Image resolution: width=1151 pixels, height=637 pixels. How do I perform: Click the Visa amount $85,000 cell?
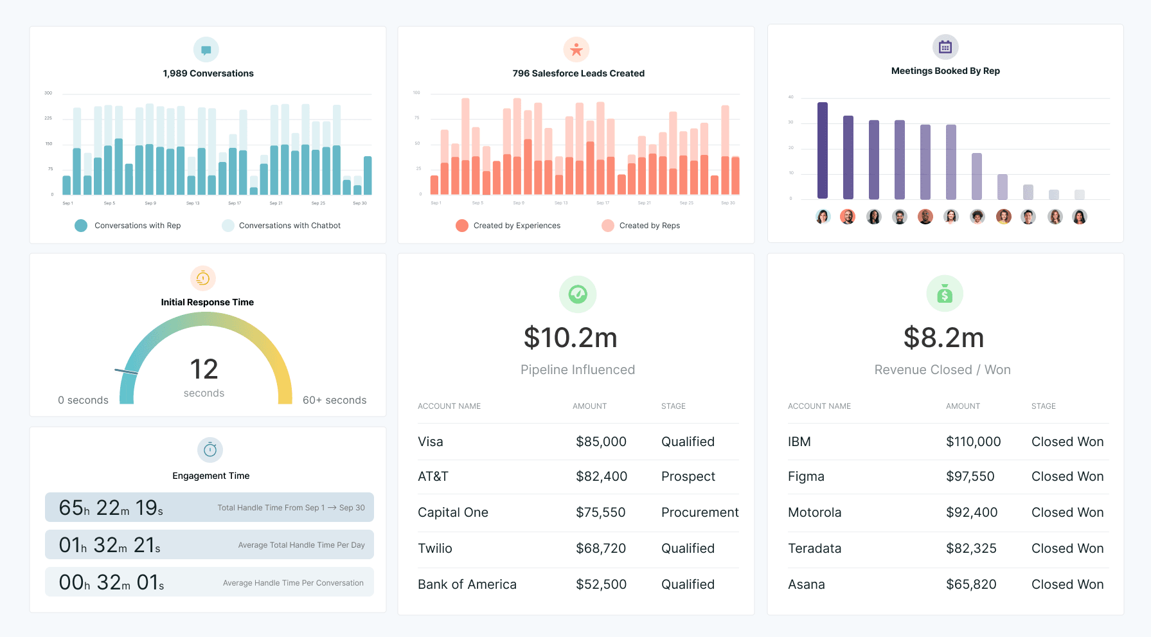(x=601, y=442)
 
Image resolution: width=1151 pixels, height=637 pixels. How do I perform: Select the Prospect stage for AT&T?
(x=688, y=476)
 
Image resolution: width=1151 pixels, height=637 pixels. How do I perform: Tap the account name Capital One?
(x=452, y=512)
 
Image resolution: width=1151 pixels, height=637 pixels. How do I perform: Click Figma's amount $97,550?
(x=970, y=476)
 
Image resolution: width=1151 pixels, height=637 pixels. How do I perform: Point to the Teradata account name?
(x=814, y=548)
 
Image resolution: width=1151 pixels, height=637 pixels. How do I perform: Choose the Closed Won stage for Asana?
(x=1067, y=584)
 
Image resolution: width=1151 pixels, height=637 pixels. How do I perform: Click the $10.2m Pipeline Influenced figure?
(x=570, y=337)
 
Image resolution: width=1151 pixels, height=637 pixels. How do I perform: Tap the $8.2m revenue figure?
(x=943, y=337)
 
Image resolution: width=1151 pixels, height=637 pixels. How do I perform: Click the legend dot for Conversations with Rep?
(x=81, y=226)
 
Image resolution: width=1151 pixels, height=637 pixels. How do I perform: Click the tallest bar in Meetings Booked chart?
(x=822, y=150)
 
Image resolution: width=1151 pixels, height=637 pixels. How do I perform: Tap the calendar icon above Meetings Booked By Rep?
(x=945, y=47)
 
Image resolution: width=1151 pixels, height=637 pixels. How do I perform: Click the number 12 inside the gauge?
(x=204, y=369)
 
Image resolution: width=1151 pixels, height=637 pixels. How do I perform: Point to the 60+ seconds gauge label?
(x=334, y=400)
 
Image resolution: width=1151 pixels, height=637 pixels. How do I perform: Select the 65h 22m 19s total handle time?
(x=111, y=508)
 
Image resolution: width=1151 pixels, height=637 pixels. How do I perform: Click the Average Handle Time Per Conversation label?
(x=293, y=583)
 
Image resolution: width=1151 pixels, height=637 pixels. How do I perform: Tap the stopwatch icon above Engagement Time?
(x=210, y=450)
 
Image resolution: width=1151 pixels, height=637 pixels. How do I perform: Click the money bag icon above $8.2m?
(x=944, y=294)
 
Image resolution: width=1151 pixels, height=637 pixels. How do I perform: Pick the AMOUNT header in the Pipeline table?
(x=589, y=406)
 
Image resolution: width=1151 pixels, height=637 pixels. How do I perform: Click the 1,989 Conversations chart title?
(x=208, y=73)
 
